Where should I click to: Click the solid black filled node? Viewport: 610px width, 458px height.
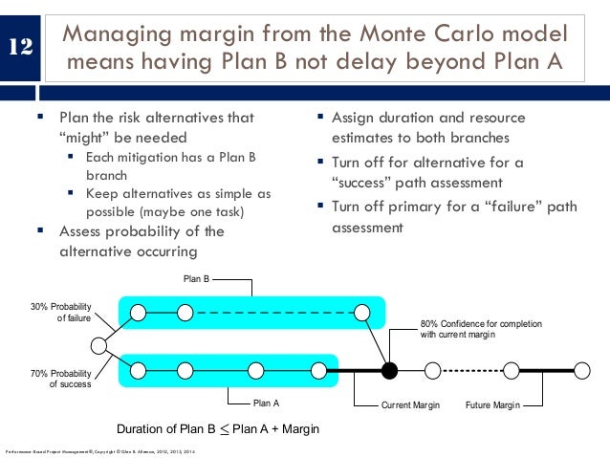point(389,369)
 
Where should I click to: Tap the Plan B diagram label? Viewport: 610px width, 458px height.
point(196,280)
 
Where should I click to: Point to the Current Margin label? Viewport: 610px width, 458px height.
point(410,405)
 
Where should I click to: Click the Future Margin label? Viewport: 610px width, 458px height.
point(491,405)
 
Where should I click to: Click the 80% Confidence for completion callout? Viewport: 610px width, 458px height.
point(481,329)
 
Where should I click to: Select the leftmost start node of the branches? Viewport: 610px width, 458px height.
point(98,344)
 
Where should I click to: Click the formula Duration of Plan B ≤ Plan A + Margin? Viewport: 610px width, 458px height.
point(217,428)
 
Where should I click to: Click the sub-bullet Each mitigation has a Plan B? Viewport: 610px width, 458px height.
point(170,157)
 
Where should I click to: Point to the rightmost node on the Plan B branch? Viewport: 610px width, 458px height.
point(361,312)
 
